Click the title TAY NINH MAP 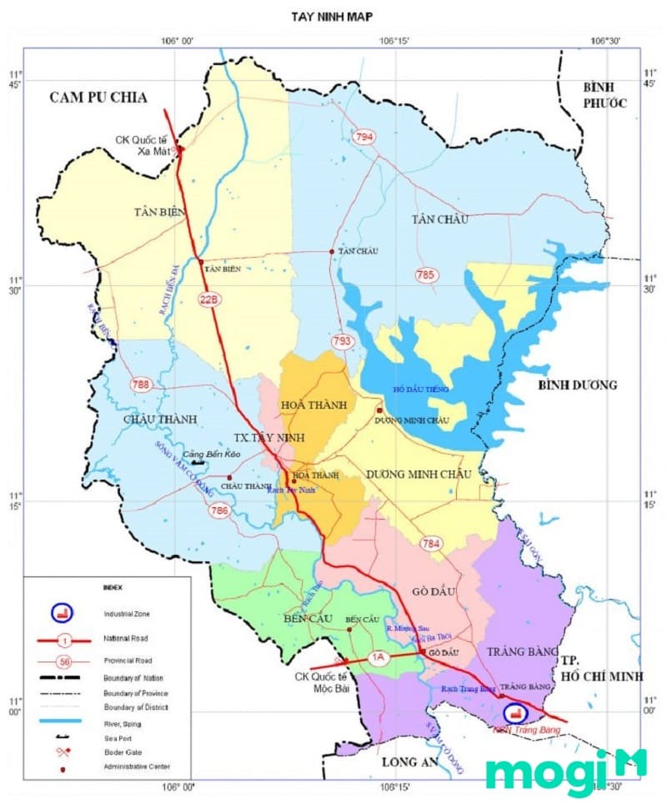[x=332, y=16]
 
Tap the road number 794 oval [x=364, y=137]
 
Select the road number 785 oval [x=425, y=274]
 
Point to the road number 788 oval [x=141, y=385]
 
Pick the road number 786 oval [x=219, y=511]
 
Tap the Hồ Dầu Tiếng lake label [x=421, y=390]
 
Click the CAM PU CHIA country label [x=98, y=98]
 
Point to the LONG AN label [x=409, y=762]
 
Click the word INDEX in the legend [x=112, y=587]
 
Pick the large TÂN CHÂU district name [x=439, y=219]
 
